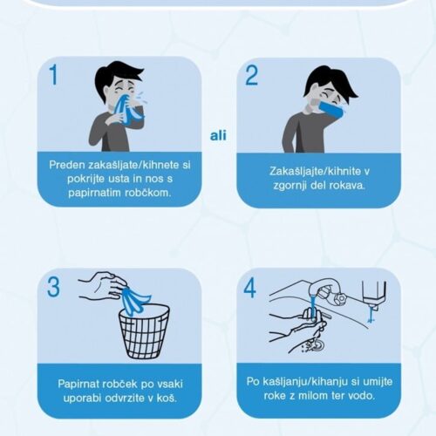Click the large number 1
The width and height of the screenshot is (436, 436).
pyautogui.click(x=54, y=74)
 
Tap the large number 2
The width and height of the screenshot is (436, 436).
pyautogui.click(x=251, y=75)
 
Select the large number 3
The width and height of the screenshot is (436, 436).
pyautogui.click(x=53, y=287)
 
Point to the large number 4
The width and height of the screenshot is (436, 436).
pyautogui.click(x=250, y=288)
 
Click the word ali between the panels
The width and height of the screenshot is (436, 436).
pyautogui.click(x=218, y=135)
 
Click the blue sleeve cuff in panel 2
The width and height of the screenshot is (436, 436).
pyautogui.click(x=331, y=109)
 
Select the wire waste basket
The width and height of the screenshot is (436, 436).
pyautogui.click(x=144, y=331)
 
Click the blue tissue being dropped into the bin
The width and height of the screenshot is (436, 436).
pyautogui.click(x=135, y=301)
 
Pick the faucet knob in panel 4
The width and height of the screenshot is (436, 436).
pyautogui.click(x=338, y=298)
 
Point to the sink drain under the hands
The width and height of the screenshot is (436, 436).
pyautogui.click(x=317, y=345)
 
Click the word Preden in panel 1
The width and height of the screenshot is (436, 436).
pyautogui.click(x=67, y=165)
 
